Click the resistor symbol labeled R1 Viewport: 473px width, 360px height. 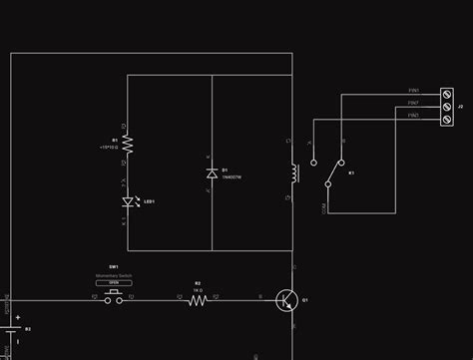(128, 144)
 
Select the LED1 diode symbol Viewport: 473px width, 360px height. (128, 201)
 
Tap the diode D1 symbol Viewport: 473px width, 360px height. (212, 174)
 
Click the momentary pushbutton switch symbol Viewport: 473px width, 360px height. (114, 295)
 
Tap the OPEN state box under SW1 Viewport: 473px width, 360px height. (114, 281)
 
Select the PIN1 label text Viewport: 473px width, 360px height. (412, 91)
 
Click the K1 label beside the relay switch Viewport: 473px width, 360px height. (351, 173)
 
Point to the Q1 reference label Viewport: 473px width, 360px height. (305, 299)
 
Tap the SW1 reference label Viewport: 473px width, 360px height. (114, 266)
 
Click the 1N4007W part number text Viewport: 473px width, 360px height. (232, 177)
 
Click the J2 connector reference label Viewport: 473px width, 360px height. (460, 105)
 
